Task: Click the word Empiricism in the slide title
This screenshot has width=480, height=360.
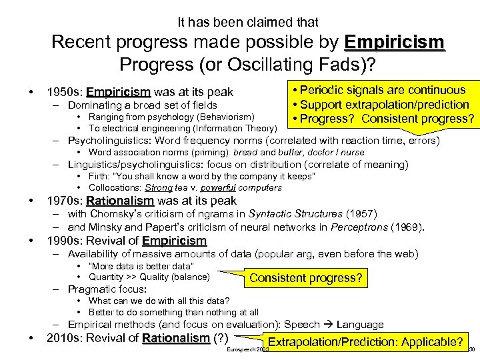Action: (395, 42)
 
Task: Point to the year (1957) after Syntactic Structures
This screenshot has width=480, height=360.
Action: (360, 214)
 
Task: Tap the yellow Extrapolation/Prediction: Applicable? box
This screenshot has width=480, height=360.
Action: (365, 342)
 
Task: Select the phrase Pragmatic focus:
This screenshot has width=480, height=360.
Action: (107, 289)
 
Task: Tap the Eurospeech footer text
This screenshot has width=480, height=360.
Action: (247, 349)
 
